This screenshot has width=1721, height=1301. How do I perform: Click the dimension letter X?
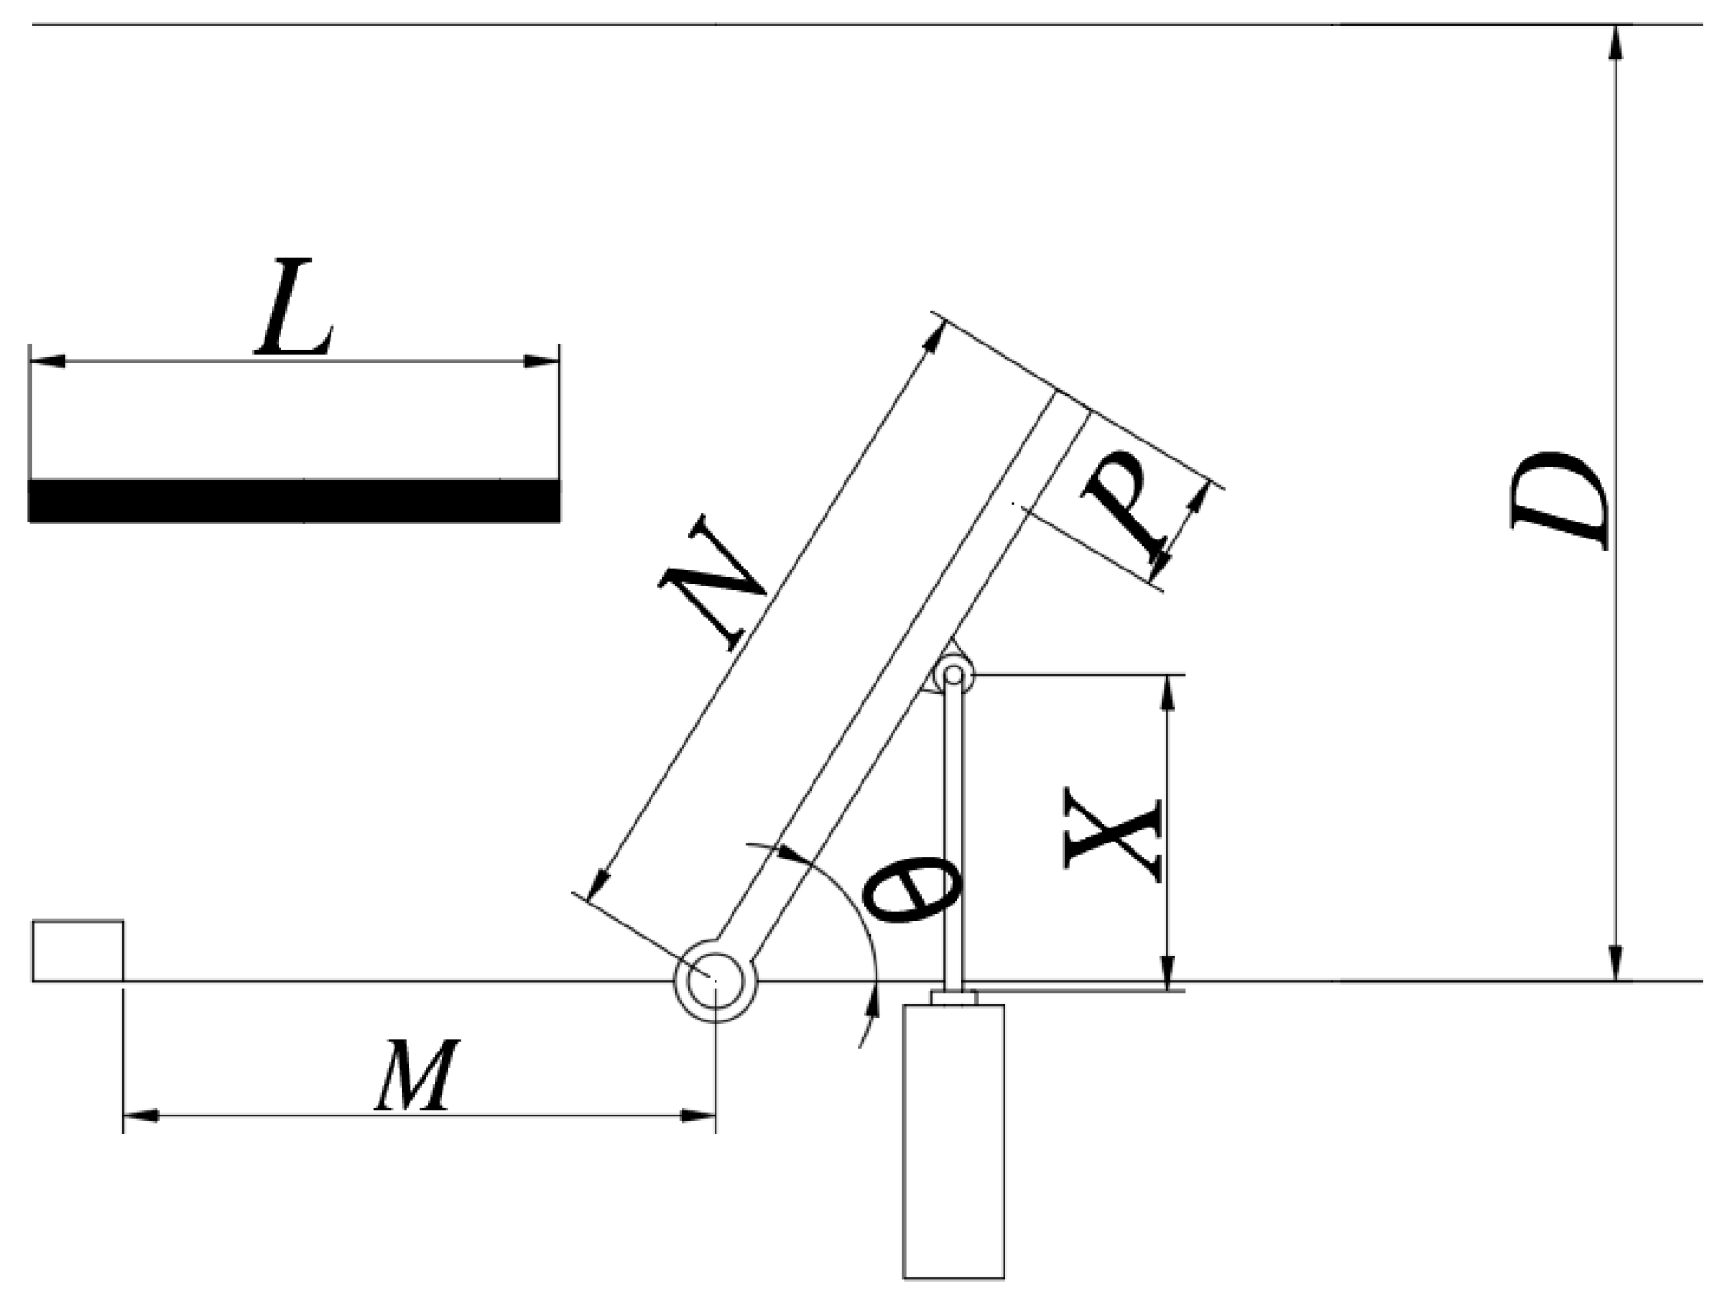[x=1114, y=834]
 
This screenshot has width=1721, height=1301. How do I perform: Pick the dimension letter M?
[x=417, y=1075]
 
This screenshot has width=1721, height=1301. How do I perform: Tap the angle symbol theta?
[x=912, y=887]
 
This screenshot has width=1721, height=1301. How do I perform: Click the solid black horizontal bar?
[x=294, y=501]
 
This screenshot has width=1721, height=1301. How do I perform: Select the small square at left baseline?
[x=78, y=950]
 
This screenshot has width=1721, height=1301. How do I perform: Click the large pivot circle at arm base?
[x=716, y=981]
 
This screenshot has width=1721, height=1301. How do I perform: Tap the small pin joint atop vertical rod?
[x=954, y=675]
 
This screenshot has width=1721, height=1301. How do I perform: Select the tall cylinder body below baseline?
[x=953, y=1141]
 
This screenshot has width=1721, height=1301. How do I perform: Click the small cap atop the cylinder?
[x=954, y=998]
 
